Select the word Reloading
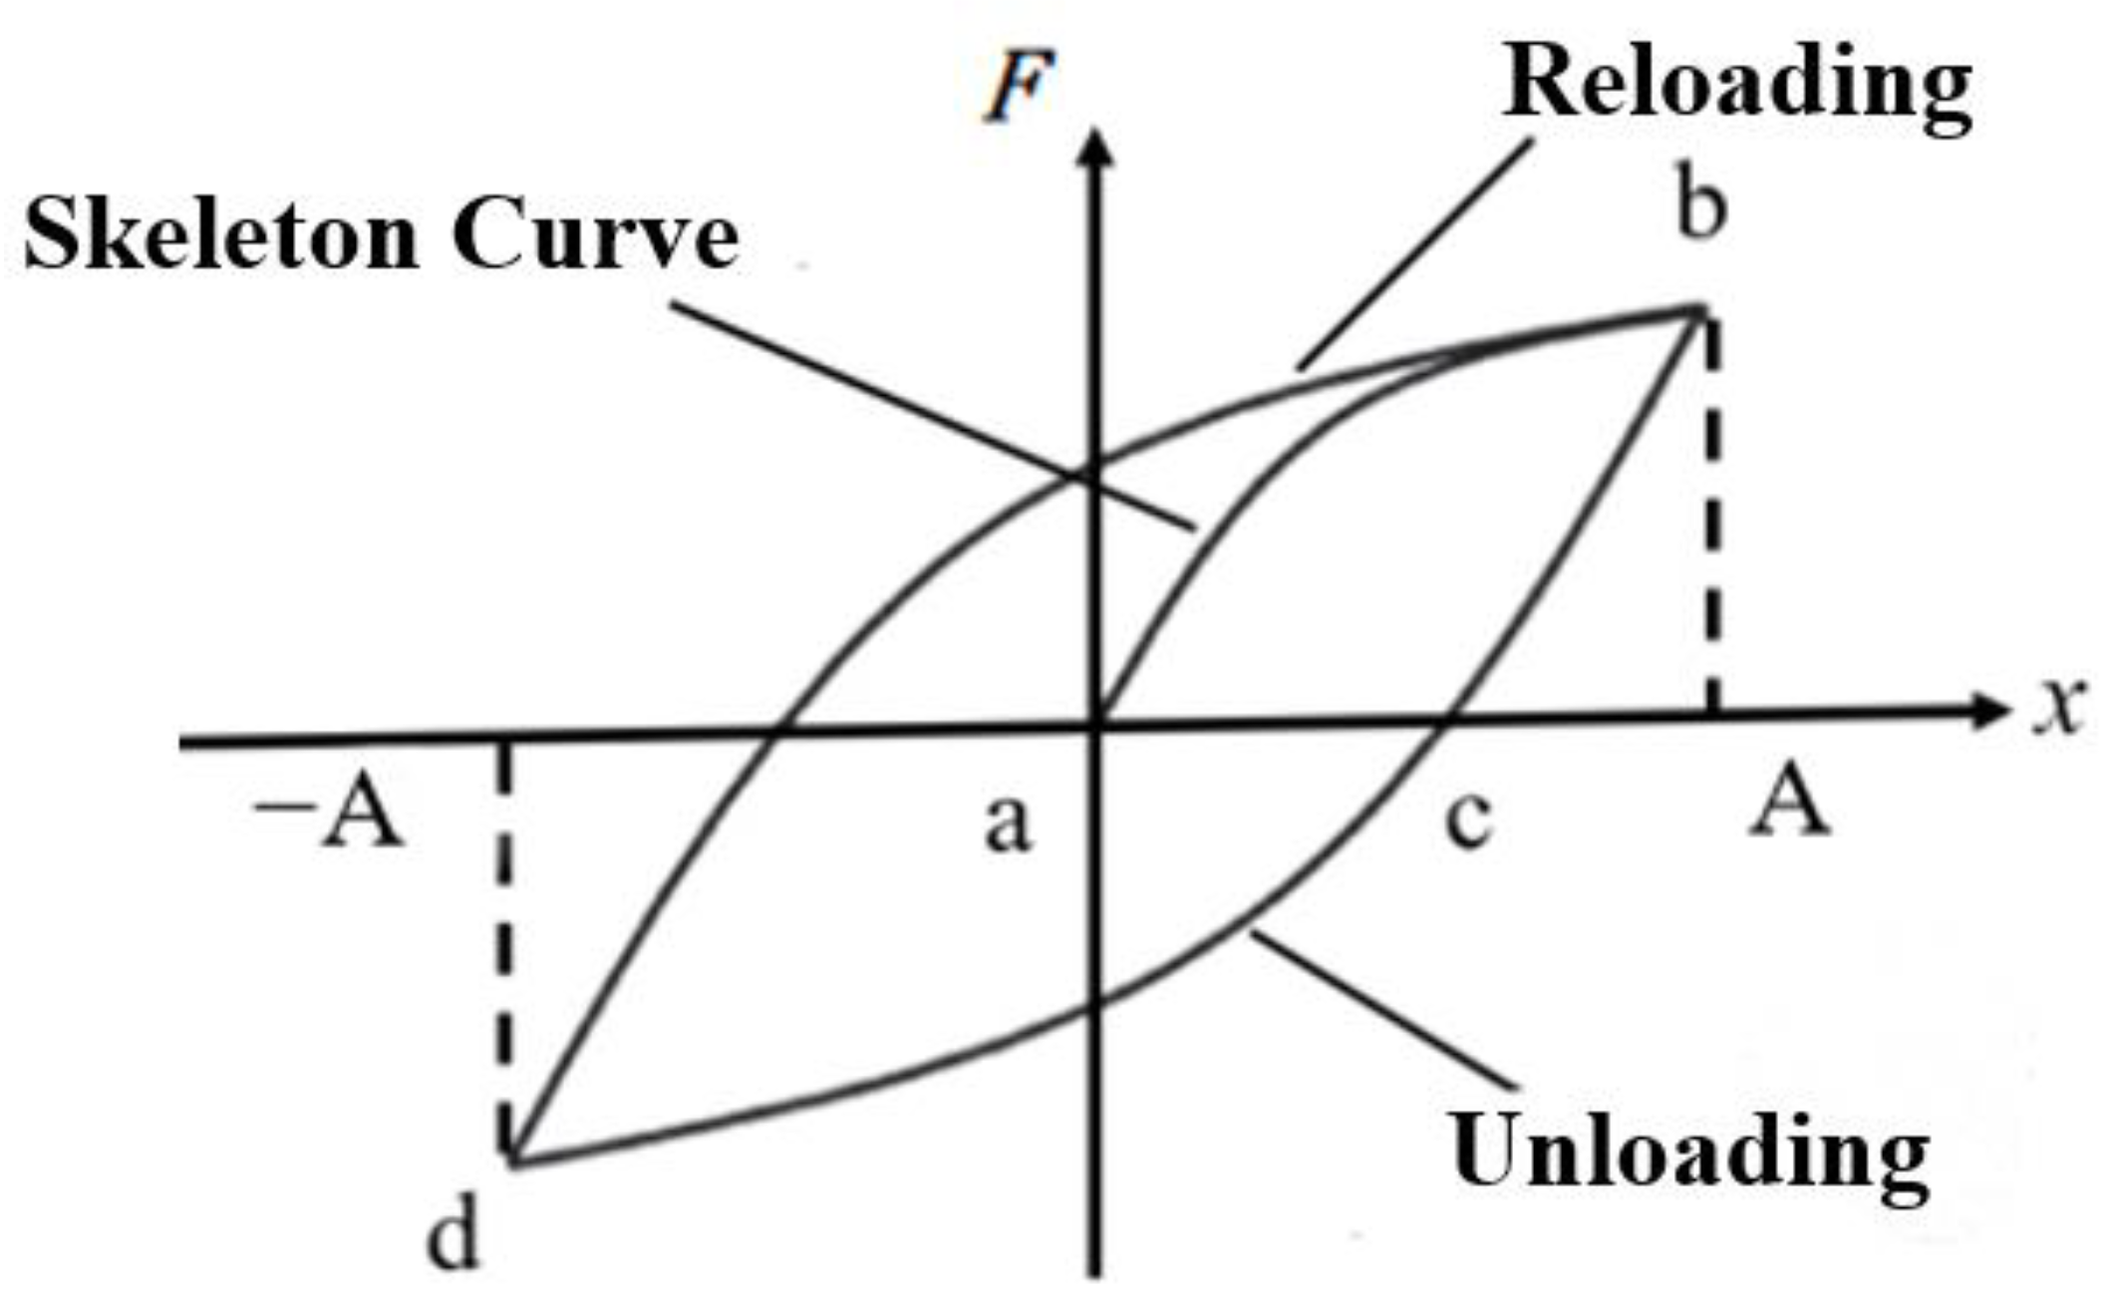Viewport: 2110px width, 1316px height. [x=1736, y=88]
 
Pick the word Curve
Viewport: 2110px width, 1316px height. [x=595, y=235]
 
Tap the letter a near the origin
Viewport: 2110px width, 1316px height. [x=1009, y=824]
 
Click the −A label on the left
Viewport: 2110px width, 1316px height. [x=329, y=810]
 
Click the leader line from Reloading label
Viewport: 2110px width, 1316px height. [x=1415, y=253]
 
